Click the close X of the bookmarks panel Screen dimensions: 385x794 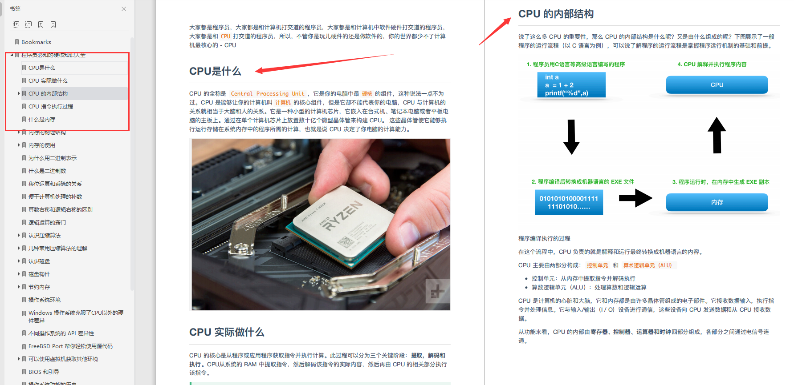point(124,9)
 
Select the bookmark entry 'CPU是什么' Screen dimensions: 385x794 point(42,68)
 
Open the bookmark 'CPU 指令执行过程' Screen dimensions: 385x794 point(50,107)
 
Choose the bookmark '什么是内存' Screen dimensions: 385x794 point(42,120)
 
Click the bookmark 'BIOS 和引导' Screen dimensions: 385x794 point(44,372)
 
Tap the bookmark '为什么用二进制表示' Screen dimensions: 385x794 point(52,158)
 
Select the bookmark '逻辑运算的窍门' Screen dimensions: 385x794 point(47,223)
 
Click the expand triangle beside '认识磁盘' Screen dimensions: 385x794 point(19,261)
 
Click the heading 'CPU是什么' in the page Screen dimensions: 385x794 point(215,72)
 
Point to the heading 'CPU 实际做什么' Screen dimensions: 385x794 point(227,333)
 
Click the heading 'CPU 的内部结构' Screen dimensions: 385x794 point(556,14)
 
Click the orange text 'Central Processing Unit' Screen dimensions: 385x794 point(268,94)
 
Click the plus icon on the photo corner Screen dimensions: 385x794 point(437,291)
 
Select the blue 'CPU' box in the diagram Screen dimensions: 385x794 point(717,85)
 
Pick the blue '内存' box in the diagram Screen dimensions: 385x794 point(717,202)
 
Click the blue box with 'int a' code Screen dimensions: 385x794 point(571,85)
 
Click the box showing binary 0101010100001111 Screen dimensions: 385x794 point(569,202)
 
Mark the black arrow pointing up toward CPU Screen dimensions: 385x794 point(717,136)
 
